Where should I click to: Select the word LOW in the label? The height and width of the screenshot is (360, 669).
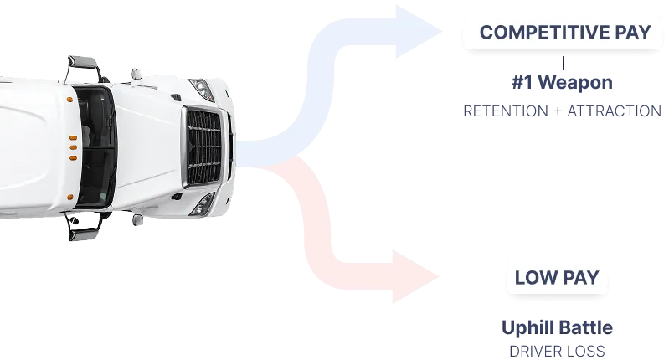533,278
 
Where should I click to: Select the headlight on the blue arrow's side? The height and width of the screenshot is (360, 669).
201,87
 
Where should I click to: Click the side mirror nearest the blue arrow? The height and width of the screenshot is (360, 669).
81,63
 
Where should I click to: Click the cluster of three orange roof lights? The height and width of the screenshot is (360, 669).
73,147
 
